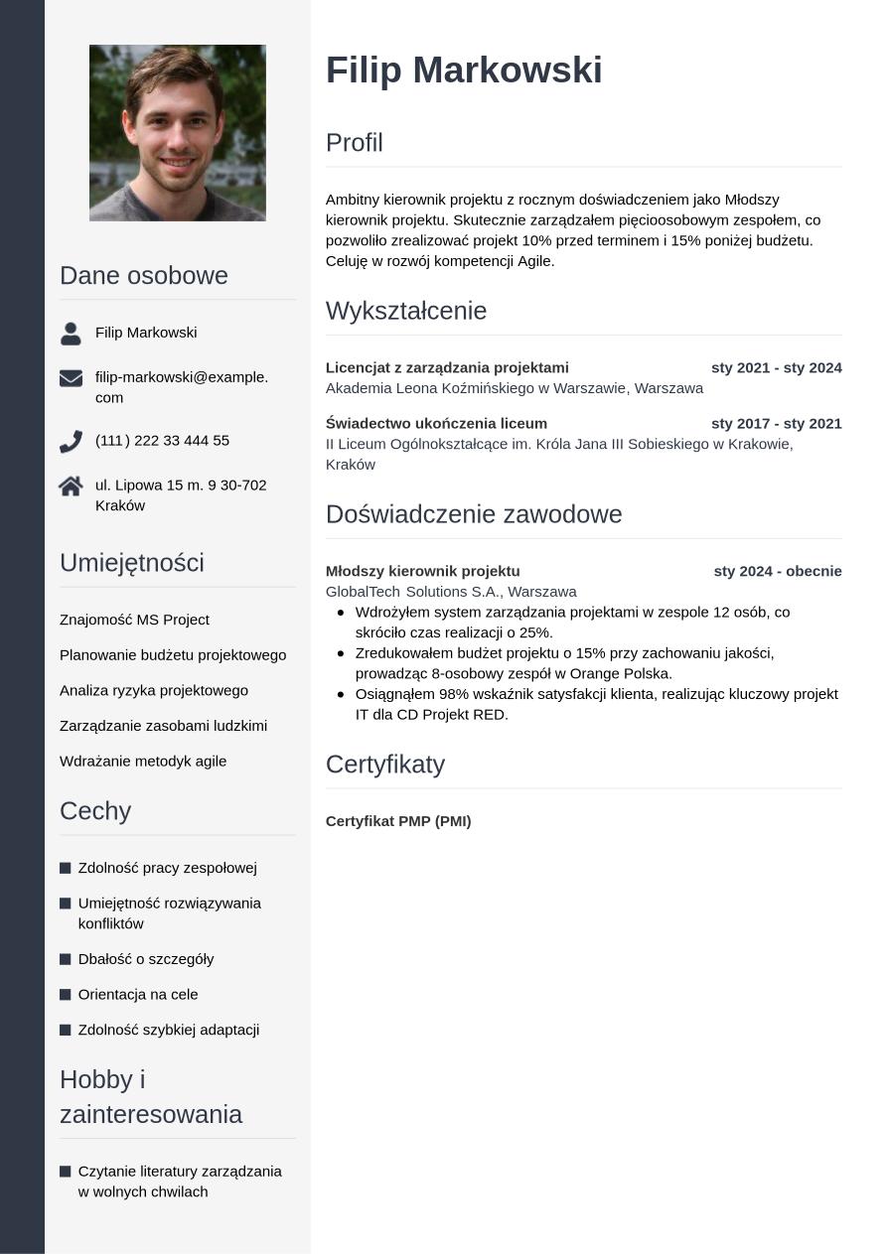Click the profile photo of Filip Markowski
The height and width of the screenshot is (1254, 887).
(178, 132)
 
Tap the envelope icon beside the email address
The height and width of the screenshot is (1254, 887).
(71, 377)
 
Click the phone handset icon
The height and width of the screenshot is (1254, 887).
(71, 441)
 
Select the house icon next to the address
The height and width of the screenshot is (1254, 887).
(71, 486)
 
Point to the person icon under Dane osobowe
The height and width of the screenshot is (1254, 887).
(71, 334)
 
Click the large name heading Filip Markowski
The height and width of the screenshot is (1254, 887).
(464, 70)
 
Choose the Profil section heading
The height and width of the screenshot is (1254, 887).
(355, 143)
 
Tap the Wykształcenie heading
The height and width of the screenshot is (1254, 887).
(406, 311)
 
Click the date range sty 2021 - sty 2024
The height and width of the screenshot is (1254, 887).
(776, 367)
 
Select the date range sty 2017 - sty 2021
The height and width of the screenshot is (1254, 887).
(776, 423)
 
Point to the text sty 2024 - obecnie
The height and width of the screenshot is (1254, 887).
(777, 571)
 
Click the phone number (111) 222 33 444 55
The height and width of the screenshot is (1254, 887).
(162, 440)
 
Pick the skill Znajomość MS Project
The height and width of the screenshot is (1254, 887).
(134, 620)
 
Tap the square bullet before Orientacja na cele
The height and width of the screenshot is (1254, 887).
(66, 995)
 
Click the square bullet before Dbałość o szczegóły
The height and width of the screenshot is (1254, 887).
(66, 959)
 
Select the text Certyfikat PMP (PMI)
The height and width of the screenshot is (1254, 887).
(398, 821)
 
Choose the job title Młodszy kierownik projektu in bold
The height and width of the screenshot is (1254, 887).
(422, 571)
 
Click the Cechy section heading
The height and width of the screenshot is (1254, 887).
(95, 811)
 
